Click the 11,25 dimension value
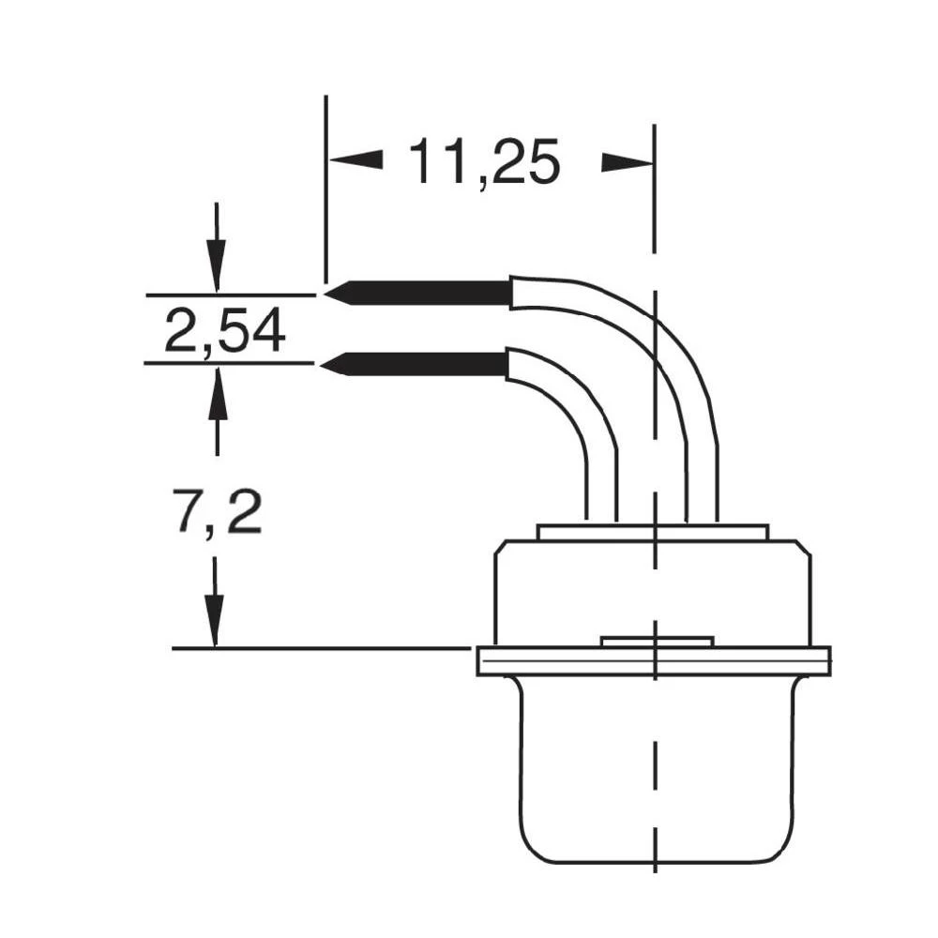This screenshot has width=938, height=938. coord(483,161)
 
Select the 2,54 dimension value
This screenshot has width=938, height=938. coord(224,331)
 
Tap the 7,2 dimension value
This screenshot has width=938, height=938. coord(219,512)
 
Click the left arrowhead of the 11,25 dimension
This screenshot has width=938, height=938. coord(356,160)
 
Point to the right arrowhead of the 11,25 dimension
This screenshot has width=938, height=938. coord(627,162)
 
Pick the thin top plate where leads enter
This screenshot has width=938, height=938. coord(652,532)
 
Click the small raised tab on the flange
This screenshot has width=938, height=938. coord(657,642)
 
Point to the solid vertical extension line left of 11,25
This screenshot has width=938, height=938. coord(325,188)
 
